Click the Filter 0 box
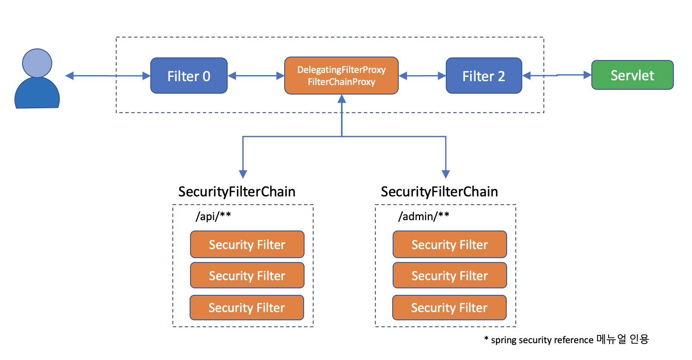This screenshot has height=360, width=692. point(189,76)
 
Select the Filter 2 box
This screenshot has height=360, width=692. point(483,76)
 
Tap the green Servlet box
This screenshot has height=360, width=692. point(632,75)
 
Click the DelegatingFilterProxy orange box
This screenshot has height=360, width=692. point(341,76)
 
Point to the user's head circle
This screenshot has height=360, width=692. point(37,63)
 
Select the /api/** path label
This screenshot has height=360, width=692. point(213,216)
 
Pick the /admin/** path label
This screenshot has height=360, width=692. point(424,216)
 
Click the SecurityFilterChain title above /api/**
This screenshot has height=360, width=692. point(237,192)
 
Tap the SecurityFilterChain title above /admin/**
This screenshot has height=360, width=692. point(439,192)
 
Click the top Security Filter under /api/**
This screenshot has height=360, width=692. point(247,244)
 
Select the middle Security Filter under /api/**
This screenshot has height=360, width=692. point(247,275)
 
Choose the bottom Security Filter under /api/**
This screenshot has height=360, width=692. point(247,307)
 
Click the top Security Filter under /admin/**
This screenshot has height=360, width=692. point(450,244)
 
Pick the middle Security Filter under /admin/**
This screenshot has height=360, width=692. point(450,275)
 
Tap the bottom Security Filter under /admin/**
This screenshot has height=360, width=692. point(449,307)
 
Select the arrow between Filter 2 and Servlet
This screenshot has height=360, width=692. point(557,76)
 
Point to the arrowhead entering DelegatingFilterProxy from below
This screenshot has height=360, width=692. point(342,99)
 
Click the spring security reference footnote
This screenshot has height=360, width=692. point(566,340)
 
